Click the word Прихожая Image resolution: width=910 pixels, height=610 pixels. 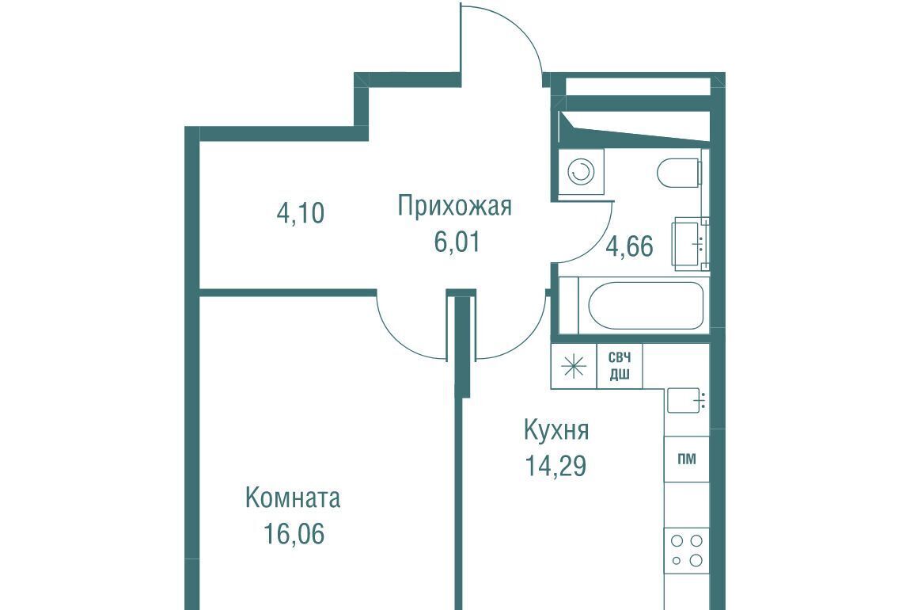454,206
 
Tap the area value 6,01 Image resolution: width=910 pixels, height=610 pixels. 457,242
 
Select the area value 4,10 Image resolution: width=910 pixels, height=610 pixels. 301,212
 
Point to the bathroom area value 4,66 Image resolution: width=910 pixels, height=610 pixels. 630,246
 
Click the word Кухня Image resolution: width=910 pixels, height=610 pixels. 556,430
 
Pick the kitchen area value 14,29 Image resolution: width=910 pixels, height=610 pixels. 555,465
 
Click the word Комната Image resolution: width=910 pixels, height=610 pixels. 293,498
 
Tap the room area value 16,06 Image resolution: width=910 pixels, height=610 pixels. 294,534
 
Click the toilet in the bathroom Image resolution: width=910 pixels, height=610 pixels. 681,172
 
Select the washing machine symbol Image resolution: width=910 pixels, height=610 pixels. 581,172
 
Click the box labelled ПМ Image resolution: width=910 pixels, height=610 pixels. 687,459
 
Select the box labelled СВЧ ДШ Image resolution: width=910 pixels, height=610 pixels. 620,366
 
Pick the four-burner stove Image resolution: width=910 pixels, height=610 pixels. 687,551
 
